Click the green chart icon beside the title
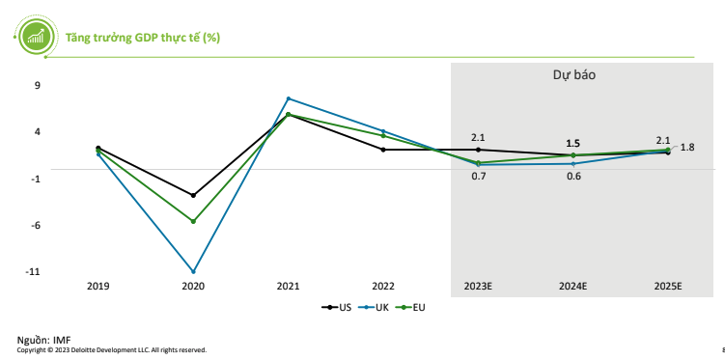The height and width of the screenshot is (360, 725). click(x=36, y=37)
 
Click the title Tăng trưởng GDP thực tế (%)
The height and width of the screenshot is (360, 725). click(x=142, y=38)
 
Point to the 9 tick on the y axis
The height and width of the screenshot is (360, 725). click(x=37, y=85)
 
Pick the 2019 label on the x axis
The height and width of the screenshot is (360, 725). click(x=98, y=287)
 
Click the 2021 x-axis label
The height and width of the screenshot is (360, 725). click(x=288, y=287)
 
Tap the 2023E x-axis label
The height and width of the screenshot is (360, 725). click(x=478, y=287)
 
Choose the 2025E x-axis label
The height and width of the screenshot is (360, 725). click(x=668, y=287)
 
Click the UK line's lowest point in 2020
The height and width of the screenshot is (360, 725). click(x=193, y=271)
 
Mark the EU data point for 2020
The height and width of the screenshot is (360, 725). click(x=193, y=221)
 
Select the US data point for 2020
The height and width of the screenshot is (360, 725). click(x=193, y=195)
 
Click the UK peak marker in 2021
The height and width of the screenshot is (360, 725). click(x=288, y=98)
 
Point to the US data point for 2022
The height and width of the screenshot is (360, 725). click(x=383, y=150)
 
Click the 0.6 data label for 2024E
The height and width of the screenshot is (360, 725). click(x=573, y=176)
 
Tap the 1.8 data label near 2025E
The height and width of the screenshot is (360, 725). click(x=687, y=147)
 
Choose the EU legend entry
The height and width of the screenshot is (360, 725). click(x=412, y=308)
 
